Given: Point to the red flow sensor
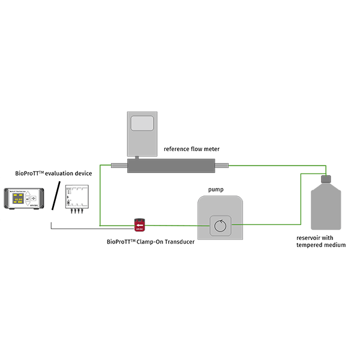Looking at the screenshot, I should [139, 225].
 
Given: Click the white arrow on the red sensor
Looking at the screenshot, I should [139, 224].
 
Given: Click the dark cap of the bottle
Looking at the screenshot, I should [326, 178].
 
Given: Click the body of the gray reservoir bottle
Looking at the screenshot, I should [326, 207].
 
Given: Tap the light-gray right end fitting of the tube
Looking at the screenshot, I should [223, 165].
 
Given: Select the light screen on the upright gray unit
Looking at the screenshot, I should [142, 124].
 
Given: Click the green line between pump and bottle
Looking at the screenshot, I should [270, 225].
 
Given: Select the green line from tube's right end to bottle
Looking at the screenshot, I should [276, 165].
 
